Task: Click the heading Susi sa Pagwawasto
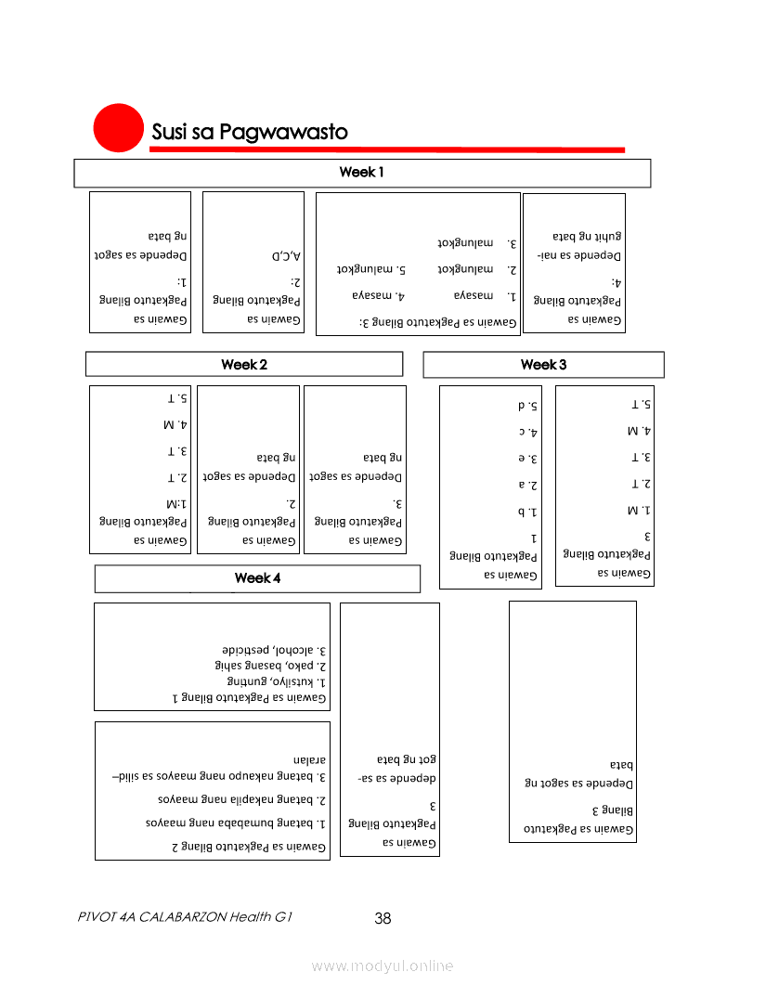(250, 133)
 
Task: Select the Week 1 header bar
(362, 173)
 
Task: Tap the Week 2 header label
(244, 364)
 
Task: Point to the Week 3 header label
(543, 364)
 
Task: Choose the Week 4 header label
(257, 578)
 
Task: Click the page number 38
(383, 919)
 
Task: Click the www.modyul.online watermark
(383, 966)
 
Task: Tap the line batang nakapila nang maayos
(237, 798)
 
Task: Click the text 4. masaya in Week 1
(373, 296)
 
